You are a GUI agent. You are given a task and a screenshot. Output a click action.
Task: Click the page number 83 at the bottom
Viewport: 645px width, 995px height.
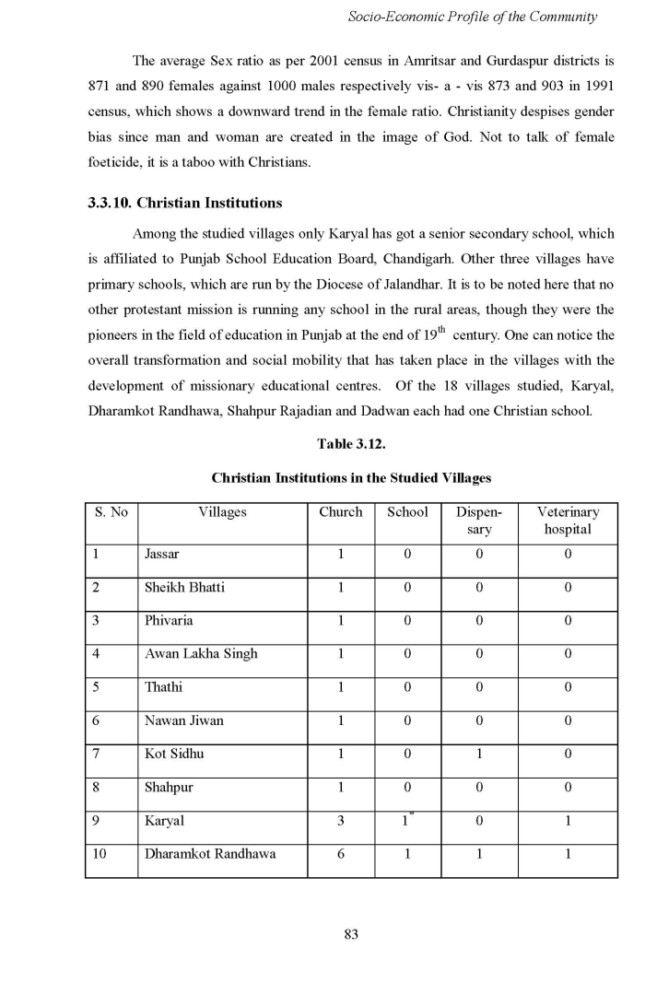pos(350,934)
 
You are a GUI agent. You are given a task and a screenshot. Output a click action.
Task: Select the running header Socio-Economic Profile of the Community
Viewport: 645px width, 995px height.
pos(473,17)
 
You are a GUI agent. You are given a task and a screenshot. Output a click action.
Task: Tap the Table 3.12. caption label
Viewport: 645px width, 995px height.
pos(350,444)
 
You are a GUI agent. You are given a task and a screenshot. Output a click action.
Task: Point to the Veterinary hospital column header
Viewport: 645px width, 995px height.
pos(568,521)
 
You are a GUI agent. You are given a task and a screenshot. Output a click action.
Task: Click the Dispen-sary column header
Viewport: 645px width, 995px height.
pos(479,521)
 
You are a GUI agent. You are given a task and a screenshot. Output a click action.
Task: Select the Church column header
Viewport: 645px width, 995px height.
pos(341,512)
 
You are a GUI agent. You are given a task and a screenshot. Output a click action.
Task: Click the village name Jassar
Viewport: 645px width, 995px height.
pos(162,554)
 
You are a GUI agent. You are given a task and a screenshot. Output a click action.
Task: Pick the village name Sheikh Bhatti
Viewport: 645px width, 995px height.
pos(184,587)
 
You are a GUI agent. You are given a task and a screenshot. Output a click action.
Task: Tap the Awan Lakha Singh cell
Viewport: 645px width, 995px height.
pos(201,653)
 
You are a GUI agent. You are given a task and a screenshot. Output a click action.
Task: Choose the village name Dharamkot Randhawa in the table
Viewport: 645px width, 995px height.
pos(209,853)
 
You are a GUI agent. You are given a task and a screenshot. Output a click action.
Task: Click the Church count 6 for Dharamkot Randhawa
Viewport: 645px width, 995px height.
pos(341,853)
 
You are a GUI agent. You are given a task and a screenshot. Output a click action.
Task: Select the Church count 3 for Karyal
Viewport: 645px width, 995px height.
pos(341,820)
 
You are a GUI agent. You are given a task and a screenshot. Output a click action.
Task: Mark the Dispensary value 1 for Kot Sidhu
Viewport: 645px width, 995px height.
pos(479,754)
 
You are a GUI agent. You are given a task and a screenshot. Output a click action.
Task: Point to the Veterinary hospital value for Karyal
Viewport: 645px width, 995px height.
pos(568,820)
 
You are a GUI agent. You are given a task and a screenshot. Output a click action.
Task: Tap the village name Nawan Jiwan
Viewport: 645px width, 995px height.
pos(184,720)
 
